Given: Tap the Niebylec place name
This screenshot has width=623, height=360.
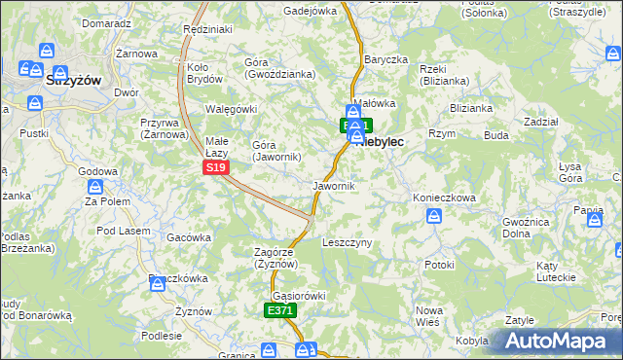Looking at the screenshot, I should [382, 142].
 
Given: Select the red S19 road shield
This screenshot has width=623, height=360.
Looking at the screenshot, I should [216, 167].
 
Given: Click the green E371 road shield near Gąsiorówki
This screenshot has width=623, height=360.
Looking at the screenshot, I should [280, 310].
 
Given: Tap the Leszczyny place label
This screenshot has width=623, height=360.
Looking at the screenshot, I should [347, 242].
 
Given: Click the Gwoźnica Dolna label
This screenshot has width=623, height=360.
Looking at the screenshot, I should [528, 228].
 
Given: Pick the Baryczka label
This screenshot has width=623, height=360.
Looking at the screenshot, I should [385, 59].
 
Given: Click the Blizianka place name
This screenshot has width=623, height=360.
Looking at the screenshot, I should [471, 108].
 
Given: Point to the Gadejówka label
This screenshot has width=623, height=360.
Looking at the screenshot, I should [310, 11].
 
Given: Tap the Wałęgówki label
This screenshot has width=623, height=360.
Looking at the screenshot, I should [231, 109].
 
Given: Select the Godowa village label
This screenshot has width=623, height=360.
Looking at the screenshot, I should [97, 171].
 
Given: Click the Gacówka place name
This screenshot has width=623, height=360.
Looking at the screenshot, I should [189, 236].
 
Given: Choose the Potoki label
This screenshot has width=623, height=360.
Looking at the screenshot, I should [439, 264].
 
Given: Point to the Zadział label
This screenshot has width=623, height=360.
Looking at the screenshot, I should [540, 122].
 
